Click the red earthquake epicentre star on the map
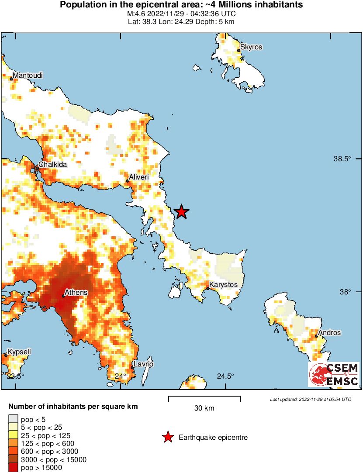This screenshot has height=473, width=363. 181,212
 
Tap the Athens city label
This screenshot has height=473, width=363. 76,292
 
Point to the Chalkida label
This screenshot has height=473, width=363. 52,165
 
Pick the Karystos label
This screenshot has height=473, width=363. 223,285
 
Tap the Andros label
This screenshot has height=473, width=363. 329,332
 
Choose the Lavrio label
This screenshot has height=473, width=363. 144,364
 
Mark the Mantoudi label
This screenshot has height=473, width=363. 28,76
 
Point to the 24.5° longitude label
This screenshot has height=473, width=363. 225,376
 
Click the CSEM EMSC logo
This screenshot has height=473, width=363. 334,374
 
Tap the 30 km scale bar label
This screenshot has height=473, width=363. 204,408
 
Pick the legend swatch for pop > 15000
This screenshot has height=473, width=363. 14,468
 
